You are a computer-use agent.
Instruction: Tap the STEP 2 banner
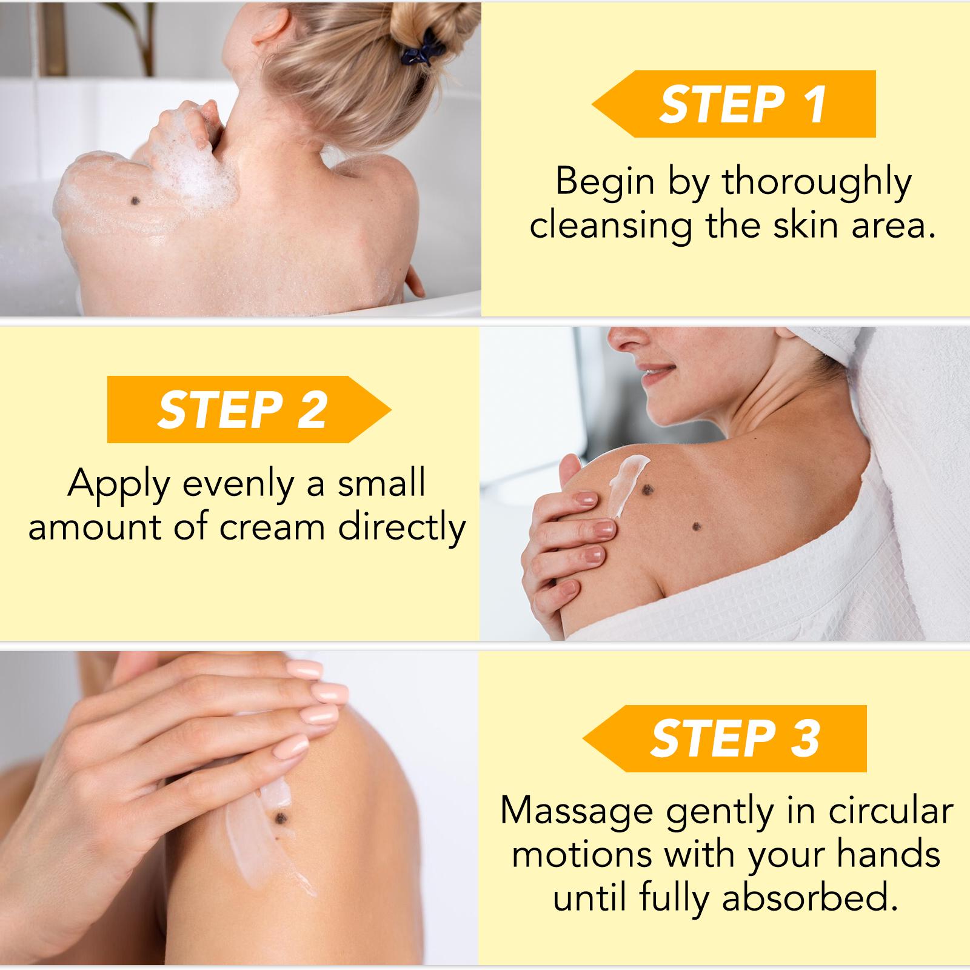249,409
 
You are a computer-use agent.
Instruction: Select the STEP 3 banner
725,738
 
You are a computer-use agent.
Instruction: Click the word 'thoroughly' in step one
817,182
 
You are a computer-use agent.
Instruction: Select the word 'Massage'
577,811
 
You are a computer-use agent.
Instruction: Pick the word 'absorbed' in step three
809,898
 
